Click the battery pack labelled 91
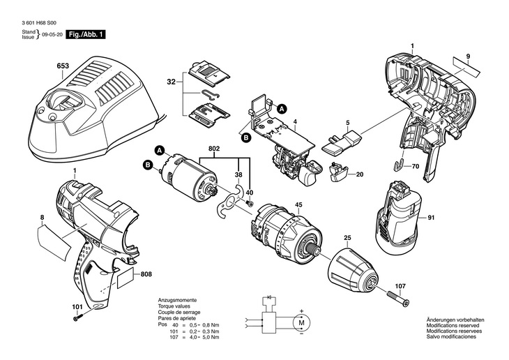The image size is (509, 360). (398, 218)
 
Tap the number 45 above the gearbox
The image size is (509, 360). (298, 204)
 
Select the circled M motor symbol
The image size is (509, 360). (302, 324)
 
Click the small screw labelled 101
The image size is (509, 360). (77, 317)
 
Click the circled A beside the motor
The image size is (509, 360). (159, 149)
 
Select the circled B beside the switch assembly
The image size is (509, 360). (245, 138)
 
